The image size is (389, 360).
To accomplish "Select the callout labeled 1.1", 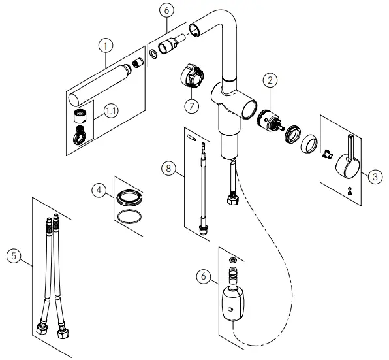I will (112, 111).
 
